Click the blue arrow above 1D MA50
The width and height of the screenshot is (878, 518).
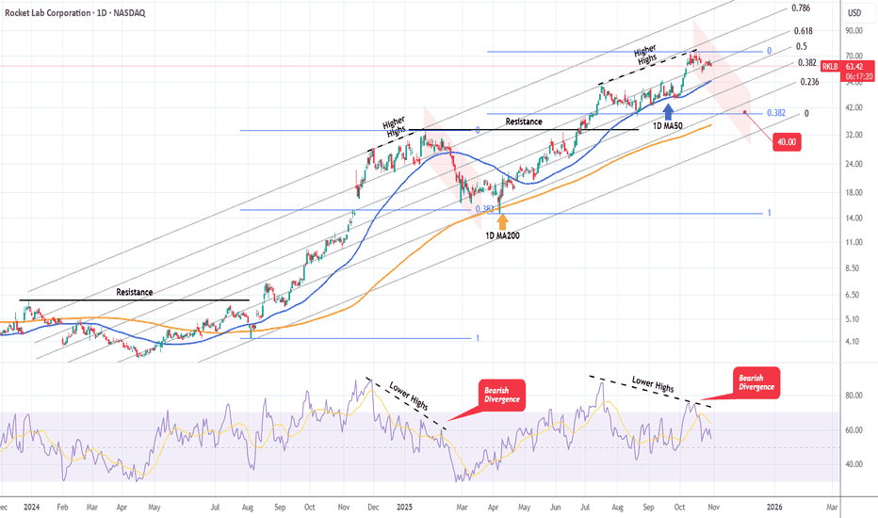668,112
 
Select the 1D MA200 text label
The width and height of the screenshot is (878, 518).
501,235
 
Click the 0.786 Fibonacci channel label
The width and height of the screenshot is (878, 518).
801,8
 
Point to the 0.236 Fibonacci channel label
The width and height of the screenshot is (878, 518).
808,82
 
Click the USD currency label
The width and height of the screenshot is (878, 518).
854,12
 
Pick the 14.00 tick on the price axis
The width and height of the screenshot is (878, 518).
854,218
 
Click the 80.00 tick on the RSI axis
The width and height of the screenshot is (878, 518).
853,396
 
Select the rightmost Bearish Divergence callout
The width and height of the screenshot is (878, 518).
756,380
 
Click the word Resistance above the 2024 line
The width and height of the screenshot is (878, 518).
134,292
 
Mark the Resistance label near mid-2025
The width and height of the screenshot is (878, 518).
524,121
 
